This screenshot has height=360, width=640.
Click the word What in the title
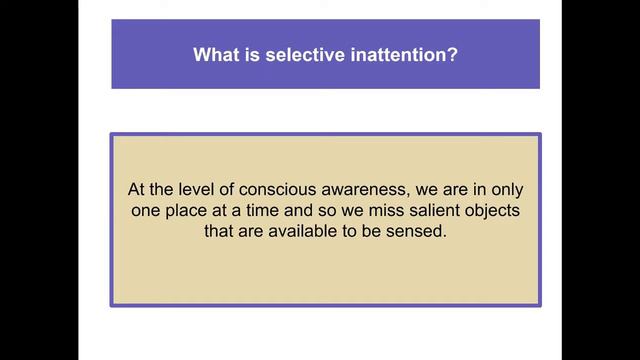click(216, 54)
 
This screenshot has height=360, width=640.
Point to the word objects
click(509, 211)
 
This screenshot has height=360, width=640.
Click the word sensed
click(418, 232)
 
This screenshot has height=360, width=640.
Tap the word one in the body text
click(146, 211)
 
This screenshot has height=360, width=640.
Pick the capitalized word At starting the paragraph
click(137, 189)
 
